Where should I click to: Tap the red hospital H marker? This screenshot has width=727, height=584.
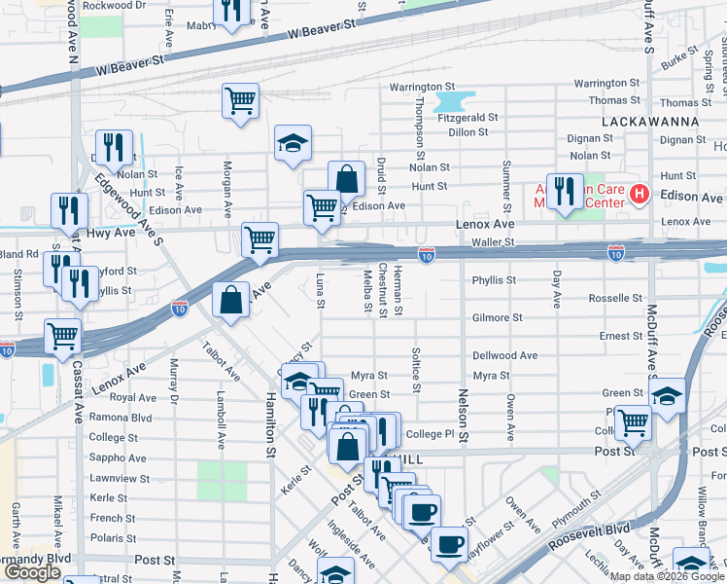point(639,195)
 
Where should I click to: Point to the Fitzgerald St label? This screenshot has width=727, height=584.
point(467,117)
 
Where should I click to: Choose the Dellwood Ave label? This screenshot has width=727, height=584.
point(504,355)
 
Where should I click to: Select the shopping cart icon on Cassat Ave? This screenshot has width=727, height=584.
point(62,336)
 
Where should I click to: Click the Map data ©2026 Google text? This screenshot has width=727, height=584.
point(667,576)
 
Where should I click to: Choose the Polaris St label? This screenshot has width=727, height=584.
point(113,537)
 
